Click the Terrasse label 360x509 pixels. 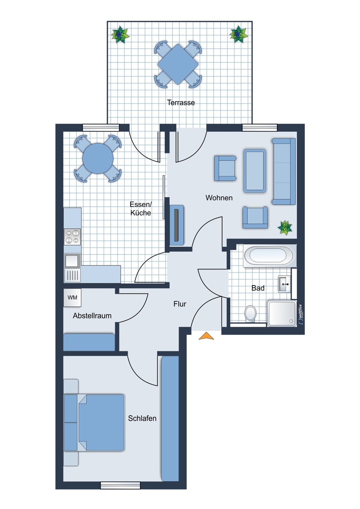pyautogui.click(x=181, y=103)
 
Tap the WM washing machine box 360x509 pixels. pyautogui.click(x=72, y=298)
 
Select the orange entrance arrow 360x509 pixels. pyautogui.click(x=206, y=336)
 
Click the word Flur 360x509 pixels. pyautogui.click(x=180, y=304)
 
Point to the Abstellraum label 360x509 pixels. pyautogui.click(x=92, y=316)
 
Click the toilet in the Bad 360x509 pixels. pyautogui.click(x=250, y=314)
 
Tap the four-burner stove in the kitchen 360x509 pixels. pyautogui.click(x=72, y=237)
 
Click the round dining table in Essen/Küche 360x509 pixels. pyautogui.click(x=98, y=158)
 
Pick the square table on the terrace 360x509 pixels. pyautogui.click(x=178, y=64)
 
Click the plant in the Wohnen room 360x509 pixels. pyautogui.click(x=285, y=227)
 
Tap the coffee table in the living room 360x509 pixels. pyautogui.click(x=255, y=171)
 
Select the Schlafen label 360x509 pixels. pyautogui.click(x=142, y=418)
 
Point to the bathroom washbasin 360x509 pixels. pyautogui.click(x=285, y=284)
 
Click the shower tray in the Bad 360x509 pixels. pyautogui.click(x=282, y=314)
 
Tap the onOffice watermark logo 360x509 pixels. pyautogui.click(x=301, y=315)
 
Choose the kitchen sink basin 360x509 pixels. pyautogui.click(x=72, y=260)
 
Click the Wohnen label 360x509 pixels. pyautogui.click(x=219, y=198)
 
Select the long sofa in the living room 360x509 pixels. pyautogui.click(x=284, y=171)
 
